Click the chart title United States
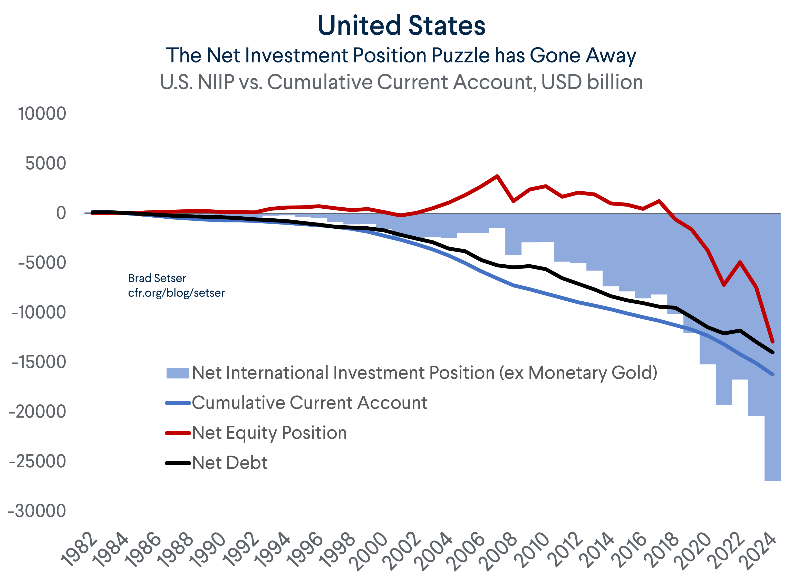401,25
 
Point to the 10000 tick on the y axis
42,114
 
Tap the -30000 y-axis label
37,511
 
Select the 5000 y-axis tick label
46,163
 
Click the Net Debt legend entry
229,463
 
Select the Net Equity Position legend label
269,433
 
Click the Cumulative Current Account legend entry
309,403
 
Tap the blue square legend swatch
178,373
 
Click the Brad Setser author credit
157,278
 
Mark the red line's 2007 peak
497,176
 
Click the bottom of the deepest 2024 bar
772,480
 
